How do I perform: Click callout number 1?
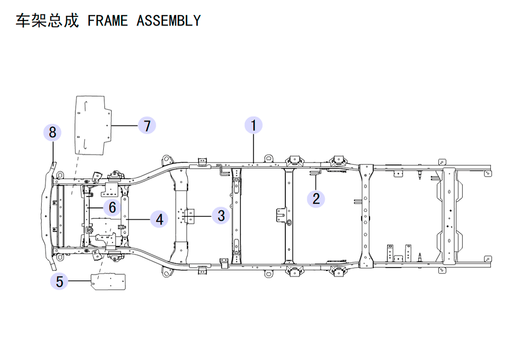click(x=253, y=125)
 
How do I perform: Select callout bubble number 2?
click(x=316, y=199)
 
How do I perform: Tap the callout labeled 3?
click(x=221, y=215)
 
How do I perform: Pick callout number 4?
click(x=160, y=220)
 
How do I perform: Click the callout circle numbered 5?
click(x=60, y=281)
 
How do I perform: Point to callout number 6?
click(x=112, y=207)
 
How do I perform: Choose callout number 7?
click(x=147, y=125)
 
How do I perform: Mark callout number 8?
click(x=52, y=133)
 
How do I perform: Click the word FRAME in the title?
click(x=108, y=21)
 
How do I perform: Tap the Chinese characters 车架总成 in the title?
click(x=46, y=21)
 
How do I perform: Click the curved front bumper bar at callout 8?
click(x=49, y=216)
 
